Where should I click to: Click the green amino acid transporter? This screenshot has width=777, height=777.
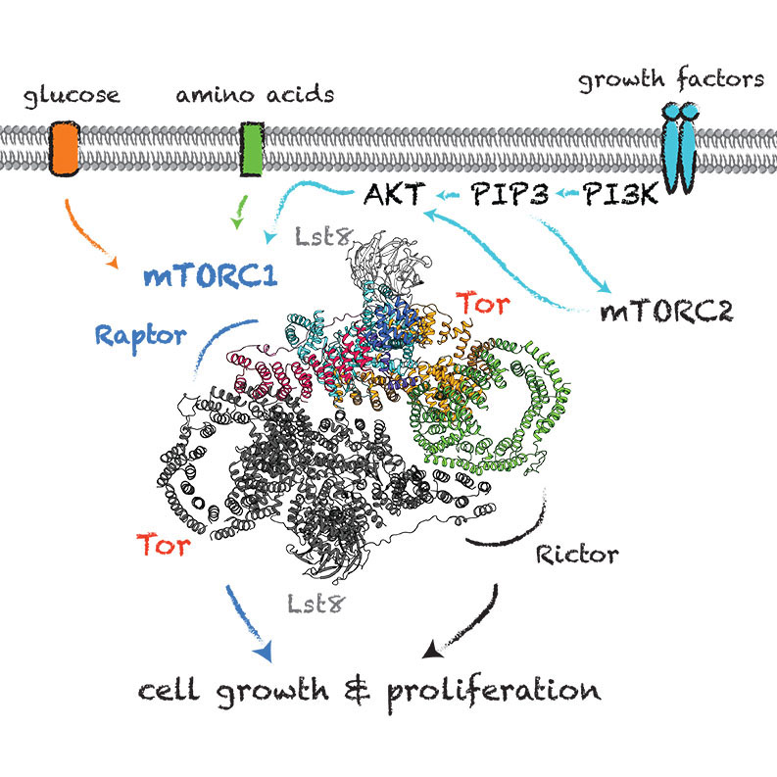(x=252, y=150)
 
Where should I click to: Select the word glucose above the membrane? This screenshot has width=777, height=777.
(x=72, y=96)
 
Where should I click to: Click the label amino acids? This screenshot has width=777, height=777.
(x=254, y=95)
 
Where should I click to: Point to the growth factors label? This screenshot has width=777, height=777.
(x=670, y=79)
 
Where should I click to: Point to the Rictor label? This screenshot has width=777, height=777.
(x=578, y=555)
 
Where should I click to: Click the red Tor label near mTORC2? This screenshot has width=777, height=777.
(x=483, y=305)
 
